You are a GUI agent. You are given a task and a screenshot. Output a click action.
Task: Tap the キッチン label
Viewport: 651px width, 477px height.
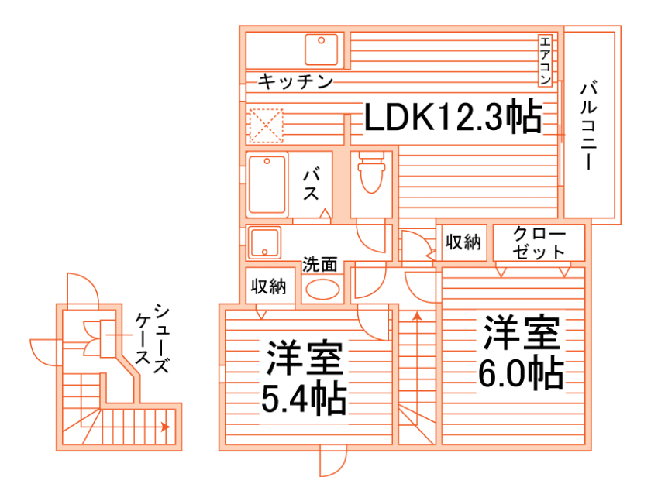point(295,81)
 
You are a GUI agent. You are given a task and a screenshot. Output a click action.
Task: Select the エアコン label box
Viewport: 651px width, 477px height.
point(545,61)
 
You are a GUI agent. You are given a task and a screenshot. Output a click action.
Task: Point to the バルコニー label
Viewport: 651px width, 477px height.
point(589,124)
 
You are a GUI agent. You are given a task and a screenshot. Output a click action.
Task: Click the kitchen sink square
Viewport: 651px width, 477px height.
point(322,50)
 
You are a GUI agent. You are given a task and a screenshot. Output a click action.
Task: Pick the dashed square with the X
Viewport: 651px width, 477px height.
point(267,125)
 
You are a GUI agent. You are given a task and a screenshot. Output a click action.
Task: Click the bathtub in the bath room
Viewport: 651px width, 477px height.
point(267,185)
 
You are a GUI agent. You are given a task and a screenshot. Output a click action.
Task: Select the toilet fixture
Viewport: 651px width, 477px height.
point(371,174)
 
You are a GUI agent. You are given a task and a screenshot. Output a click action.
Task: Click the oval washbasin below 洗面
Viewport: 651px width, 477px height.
point(322,290)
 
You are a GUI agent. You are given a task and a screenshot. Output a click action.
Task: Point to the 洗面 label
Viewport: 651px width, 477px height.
point(320,263)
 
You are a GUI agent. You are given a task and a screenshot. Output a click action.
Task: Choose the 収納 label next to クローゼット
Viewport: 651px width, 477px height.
point(463,242)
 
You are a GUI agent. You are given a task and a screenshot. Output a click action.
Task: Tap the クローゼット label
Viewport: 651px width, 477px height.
point(539,243)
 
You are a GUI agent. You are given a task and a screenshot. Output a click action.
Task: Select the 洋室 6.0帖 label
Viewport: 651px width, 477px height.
point(520,352)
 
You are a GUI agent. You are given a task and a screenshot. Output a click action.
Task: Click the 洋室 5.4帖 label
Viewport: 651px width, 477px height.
point(305,378)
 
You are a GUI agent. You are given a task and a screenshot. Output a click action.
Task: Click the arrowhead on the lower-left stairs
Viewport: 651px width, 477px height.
point(164,427)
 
